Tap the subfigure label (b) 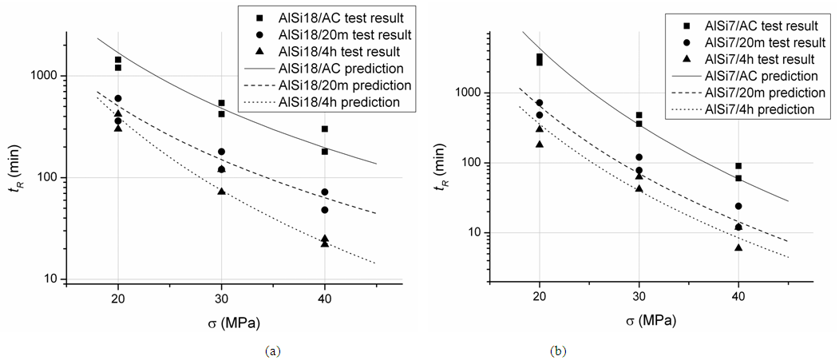tap(556, 350)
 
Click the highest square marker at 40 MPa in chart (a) tap(325, 129)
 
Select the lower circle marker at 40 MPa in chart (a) tap(325, 210)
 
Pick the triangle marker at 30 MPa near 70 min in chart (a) tap(221, 191)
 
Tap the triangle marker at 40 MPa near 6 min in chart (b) tap(738, 247)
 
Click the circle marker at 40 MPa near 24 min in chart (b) tap(738, 206)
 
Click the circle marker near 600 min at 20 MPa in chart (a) tap(118, 98)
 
